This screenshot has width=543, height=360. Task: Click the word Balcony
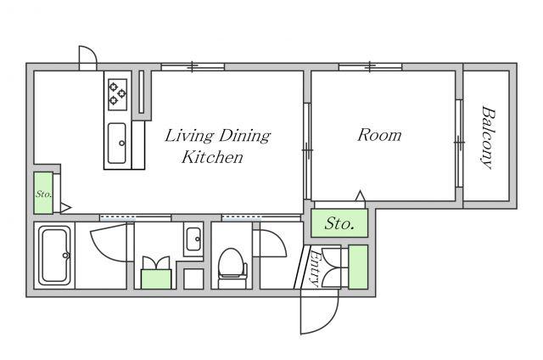(488, 138)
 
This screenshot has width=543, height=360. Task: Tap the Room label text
(379, 135)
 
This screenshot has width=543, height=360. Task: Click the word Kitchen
(212, 157)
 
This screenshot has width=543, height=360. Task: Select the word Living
(189, 136)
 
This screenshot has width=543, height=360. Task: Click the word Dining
(244, 136)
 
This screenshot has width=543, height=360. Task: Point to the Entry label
(315, 268)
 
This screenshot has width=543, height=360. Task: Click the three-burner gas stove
(118, 94)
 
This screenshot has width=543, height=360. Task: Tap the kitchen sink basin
(117, 143)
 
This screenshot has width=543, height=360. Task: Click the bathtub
(54, 256)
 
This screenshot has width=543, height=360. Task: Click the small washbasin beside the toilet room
(193, 239)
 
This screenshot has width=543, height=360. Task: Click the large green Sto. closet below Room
(339, 223)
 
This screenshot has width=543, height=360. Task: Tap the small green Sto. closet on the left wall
(43, 193)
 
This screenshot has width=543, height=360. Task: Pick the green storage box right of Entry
(358, 267)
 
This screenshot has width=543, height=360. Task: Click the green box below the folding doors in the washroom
(156, 279)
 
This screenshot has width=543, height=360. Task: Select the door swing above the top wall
(88, 58)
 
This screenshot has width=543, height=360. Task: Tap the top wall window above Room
(370, 66)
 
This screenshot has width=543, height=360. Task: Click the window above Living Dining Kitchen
(193, 66)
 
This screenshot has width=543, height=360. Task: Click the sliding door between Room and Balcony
(459, 143)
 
